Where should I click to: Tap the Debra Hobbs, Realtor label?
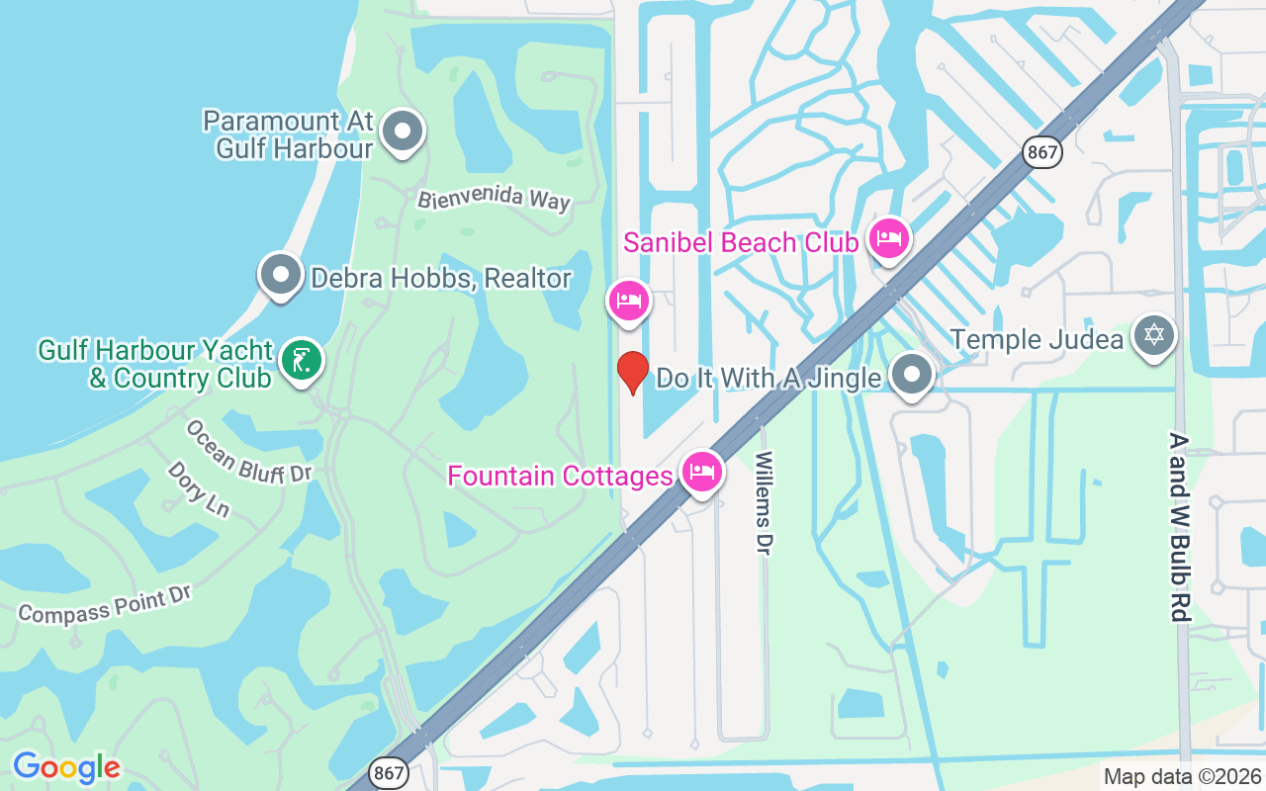(440, 279)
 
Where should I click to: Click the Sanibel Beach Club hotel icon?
(888, 238)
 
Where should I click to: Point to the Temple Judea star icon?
(1152, 336)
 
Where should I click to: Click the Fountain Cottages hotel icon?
(701, 472)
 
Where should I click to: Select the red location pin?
(632, 372)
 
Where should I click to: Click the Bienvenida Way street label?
(494, 198)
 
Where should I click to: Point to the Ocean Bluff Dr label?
(248, 452)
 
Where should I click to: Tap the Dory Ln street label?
(199, 488)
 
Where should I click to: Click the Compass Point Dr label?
(104, 603)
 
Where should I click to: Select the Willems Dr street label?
(763, 502)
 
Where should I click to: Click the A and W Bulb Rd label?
(1177, 526)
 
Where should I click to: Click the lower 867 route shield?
(389, 772)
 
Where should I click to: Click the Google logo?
(66, 767)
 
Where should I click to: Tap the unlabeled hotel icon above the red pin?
(628, 299)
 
